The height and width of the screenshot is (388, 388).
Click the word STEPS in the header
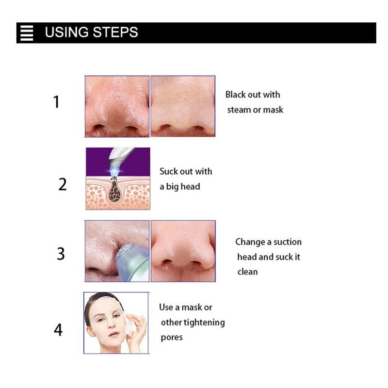tap(115, 32)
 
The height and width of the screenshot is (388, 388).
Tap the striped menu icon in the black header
tap(27, 32)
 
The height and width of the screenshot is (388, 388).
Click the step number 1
tap(57, 102)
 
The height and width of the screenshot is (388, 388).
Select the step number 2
tap(63, 184)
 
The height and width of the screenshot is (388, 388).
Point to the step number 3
tap(61, 254)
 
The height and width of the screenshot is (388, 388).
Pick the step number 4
tap(58, 330)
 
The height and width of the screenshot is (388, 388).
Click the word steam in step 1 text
tap(237, 110)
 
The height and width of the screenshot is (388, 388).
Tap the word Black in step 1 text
tap(236, 95)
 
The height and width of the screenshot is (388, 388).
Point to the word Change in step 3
tap(250, 242)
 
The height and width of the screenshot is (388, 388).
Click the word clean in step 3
tap(247, 272)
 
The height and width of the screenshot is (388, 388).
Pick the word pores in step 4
tap(172, 338)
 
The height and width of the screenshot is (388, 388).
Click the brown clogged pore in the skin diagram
tap(115, 191)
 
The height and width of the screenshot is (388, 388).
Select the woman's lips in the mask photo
tap(113, 335)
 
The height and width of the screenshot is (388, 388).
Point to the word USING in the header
tap(67, 32)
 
